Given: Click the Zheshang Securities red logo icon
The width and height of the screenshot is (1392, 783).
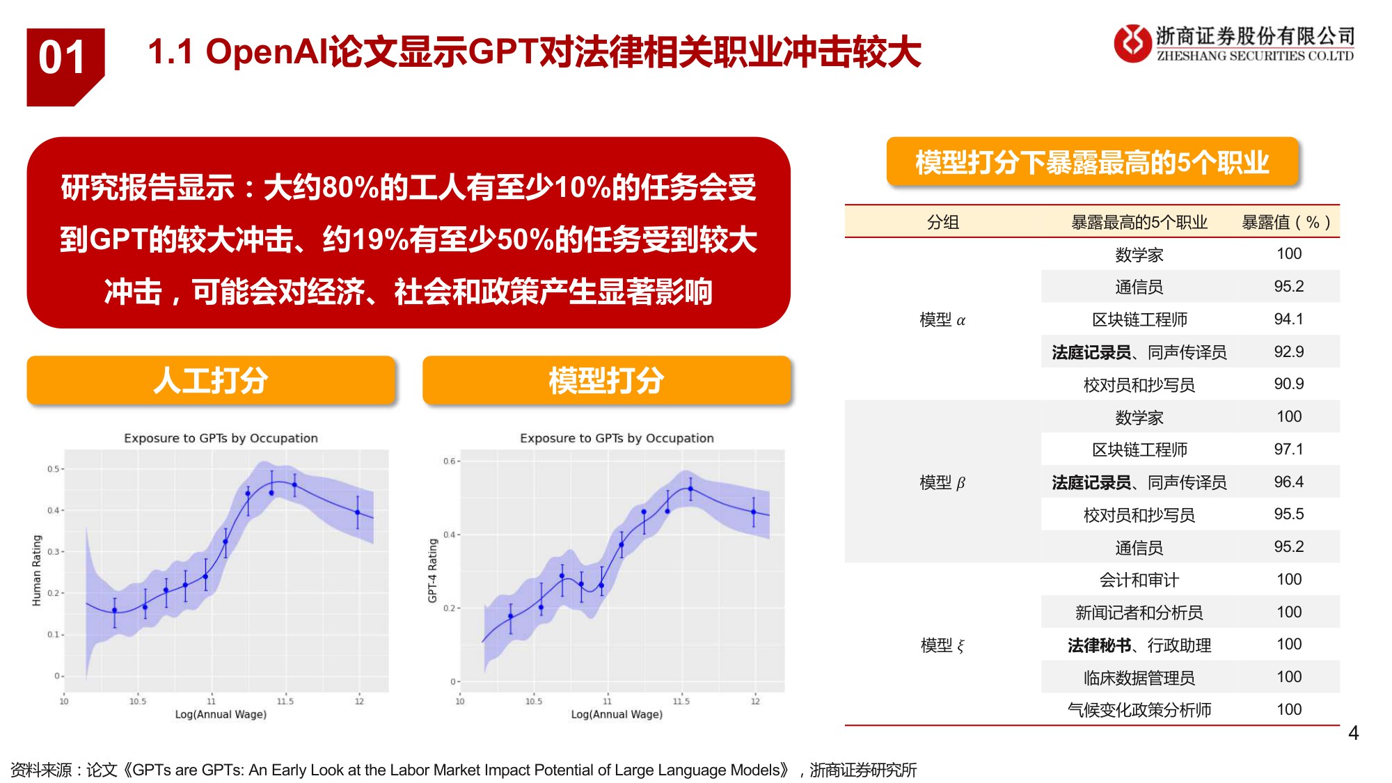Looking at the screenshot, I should click(1132, 43).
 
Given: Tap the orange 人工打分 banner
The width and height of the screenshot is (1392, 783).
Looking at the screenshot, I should click(211, 380).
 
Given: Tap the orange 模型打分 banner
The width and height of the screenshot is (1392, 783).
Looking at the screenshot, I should click(606, 380).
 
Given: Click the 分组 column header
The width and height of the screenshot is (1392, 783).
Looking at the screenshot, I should click(943, 223).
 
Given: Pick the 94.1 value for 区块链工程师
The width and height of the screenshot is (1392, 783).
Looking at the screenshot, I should click(1288, 319).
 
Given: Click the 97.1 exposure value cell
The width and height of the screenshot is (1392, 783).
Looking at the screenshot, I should click(1288, 449).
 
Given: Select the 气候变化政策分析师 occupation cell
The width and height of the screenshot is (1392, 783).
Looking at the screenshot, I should click(1139, 710).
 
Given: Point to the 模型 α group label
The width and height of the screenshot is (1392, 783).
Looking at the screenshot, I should click(942, 320).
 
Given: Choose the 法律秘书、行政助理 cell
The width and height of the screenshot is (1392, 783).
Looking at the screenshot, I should click(1139, 645).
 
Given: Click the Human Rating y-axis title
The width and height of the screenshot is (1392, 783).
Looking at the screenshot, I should click(38, 570).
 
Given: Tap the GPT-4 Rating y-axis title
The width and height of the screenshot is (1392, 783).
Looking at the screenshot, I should click(433, 570).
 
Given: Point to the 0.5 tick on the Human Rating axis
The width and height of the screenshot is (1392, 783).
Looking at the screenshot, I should click(53, 469).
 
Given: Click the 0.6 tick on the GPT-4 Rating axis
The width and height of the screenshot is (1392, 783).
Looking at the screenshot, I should click(449, 461).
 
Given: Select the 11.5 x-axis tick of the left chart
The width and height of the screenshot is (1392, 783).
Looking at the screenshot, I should click(285, 701).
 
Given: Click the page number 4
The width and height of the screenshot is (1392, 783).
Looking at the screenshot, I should click(1353, 733).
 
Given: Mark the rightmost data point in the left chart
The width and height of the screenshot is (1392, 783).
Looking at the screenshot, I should click(358, 512).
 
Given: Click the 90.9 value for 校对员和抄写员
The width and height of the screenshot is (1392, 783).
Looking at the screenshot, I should click(1288, 384).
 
